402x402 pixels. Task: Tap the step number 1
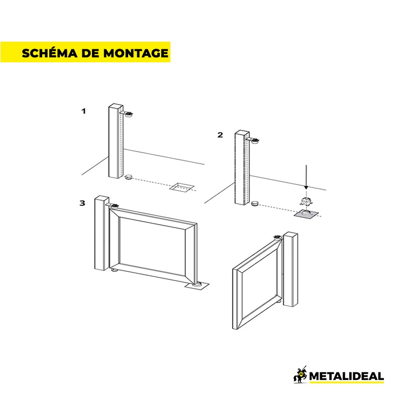(x=83, y=111)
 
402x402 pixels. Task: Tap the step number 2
(x=220, y=135)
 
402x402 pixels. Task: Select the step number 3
(x=82, y=203)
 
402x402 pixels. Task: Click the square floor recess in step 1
(x=182, y=188)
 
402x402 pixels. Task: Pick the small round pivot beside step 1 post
(x=128, y=177)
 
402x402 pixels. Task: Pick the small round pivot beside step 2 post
(x=255, y=203)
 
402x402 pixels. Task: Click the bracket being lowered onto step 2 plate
(x=306, y=202)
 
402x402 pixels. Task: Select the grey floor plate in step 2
(x=307, y=215)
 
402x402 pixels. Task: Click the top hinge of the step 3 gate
(x=115, y=206)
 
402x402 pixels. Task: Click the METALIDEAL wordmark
(x=346, y=376)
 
